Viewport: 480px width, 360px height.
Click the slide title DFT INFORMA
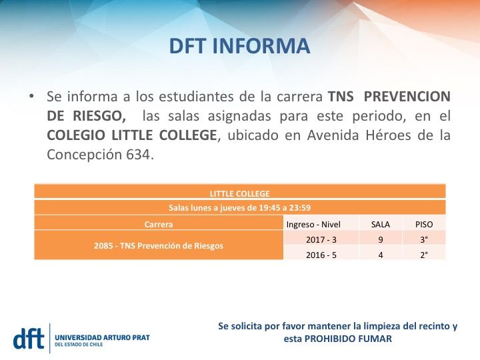pos(239,47)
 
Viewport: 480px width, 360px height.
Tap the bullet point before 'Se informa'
pos(31,96)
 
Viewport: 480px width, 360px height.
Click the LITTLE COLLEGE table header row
pos(239,193)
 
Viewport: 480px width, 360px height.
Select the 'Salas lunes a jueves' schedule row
pos(239,207)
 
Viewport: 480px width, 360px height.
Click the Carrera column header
pos(158,225)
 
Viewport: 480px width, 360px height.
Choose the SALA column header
pos(380,225)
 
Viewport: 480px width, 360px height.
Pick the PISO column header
pos(424,225)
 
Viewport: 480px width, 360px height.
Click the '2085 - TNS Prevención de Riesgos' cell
pos(158,245)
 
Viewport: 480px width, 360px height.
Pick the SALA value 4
pos(380,254)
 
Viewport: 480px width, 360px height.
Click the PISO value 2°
pos(424,254)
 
